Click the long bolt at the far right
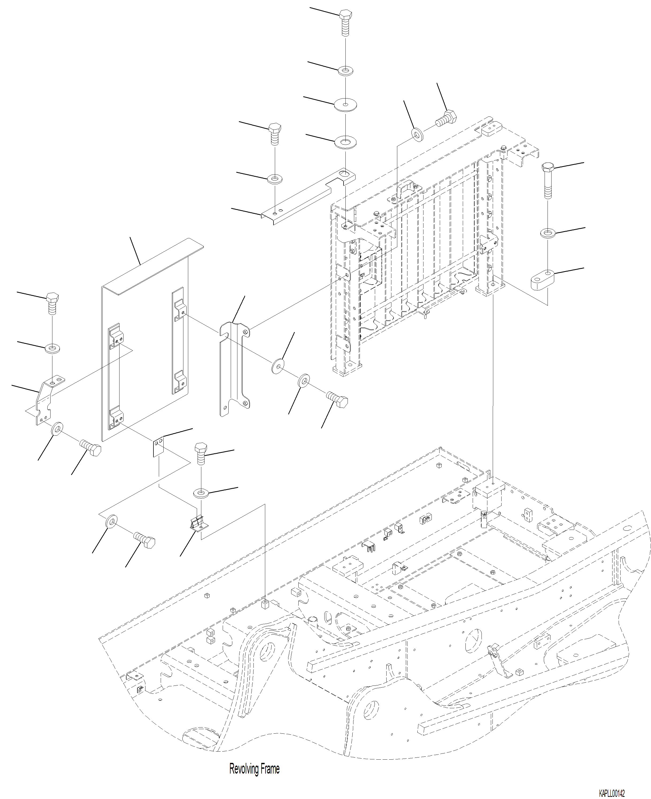point(548,180)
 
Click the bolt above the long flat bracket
point(275,133)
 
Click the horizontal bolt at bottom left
point(145,542)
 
